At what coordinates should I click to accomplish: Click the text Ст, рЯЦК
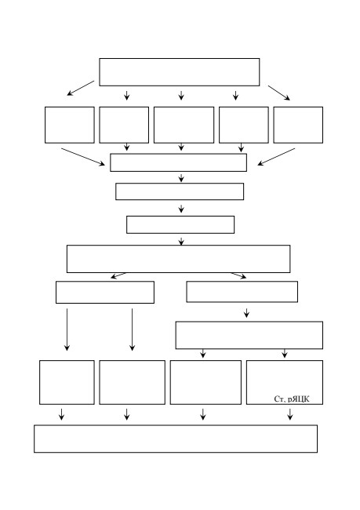pyautogui.click(x=292, y=399)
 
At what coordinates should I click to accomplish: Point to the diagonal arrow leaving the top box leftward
pyautogui.click(x=81, y=88)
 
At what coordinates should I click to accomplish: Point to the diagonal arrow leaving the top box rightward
pyautogui.click(x=278, y=93)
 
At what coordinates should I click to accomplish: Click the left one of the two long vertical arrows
pyautogui.click(x=67, y=330)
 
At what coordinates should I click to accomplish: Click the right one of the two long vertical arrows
pyautogui.click(x=132, y=330)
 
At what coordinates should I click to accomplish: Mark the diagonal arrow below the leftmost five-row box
pyautogui.click(x=83, y=157)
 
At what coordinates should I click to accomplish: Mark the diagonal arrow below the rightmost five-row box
pyautogui.click(x=276, y=157)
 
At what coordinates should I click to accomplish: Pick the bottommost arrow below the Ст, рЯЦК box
pyautogui.click(x=290, y=414)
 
